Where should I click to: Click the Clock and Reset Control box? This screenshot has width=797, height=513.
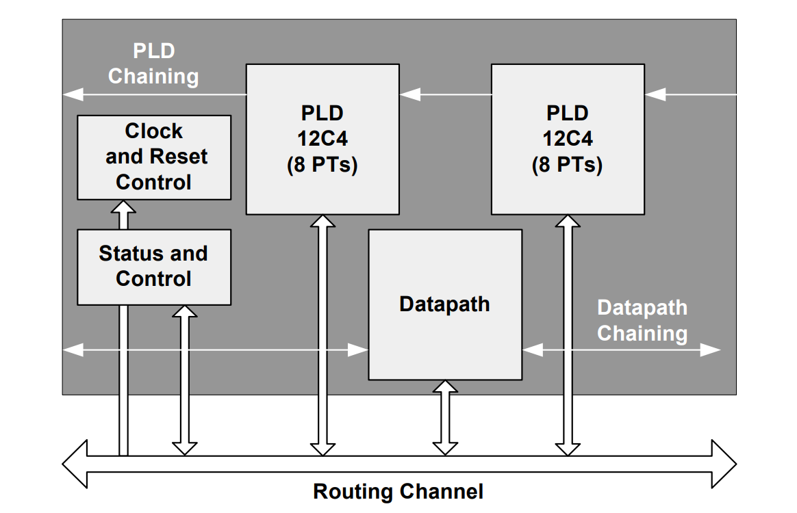154,157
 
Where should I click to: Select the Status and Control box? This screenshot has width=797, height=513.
154,267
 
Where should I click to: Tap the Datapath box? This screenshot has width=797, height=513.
445,305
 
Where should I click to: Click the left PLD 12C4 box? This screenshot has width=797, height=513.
322,139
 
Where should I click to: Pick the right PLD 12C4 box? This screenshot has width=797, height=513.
568,139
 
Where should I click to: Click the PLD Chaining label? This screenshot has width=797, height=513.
153,64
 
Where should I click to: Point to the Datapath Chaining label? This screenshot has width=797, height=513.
642,321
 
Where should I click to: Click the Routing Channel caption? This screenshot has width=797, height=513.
398,492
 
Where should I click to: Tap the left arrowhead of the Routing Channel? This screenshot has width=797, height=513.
75,464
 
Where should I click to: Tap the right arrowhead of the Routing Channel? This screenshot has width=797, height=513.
724,464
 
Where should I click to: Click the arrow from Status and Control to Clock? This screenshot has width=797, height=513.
123,215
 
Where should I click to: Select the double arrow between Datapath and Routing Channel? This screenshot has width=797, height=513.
445,417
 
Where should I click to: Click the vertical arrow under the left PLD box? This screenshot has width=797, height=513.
322,335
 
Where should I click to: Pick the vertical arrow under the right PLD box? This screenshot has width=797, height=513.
568,335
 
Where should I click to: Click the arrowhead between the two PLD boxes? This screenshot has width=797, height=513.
409,94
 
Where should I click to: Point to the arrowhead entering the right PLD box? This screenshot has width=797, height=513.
655,94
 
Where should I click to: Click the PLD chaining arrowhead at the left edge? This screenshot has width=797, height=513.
73,94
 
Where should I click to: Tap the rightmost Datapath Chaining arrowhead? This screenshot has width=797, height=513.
711,350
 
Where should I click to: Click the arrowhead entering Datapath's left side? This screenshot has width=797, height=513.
358,350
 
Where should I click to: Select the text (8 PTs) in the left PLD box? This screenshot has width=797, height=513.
322,165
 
